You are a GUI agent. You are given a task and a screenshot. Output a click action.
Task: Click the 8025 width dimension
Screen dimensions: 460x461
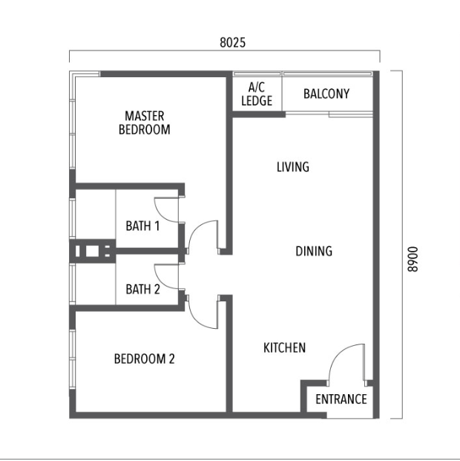[x=232, y=42]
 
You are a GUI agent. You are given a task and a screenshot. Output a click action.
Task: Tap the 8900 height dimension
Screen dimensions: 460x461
[x=413, y=259]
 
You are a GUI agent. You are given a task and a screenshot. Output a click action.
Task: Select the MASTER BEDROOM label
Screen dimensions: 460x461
[x=145, y=122]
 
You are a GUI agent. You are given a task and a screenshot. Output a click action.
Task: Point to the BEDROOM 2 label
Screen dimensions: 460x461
[x=145, y=359]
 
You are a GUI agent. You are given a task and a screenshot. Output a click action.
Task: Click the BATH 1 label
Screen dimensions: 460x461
[x=142, y=226]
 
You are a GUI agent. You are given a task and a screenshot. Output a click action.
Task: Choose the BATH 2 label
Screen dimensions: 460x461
[x=142, y=289]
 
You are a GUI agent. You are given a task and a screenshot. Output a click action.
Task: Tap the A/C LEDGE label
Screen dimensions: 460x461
[x=257, y=94]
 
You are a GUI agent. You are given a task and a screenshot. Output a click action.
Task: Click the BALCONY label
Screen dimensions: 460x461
[x=326, y=94]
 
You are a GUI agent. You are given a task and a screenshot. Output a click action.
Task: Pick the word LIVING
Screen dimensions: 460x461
[x=293, y=167]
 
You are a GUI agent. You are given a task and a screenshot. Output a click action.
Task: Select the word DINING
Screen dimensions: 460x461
[x=314, y=251]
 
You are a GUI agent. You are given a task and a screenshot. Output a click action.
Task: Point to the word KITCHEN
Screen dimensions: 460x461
[x=284, y=348]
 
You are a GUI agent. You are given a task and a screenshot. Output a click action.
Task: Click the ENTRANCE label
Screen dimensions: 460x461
[x=341, y=399]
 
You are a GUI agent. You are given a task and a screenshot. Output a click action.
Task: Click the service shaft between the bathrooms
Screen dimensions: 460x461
[x=93, y=251]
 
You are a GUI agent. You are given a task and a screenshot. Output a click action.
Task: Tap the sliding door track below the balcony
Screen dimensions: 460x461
[x=329, y=114]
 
